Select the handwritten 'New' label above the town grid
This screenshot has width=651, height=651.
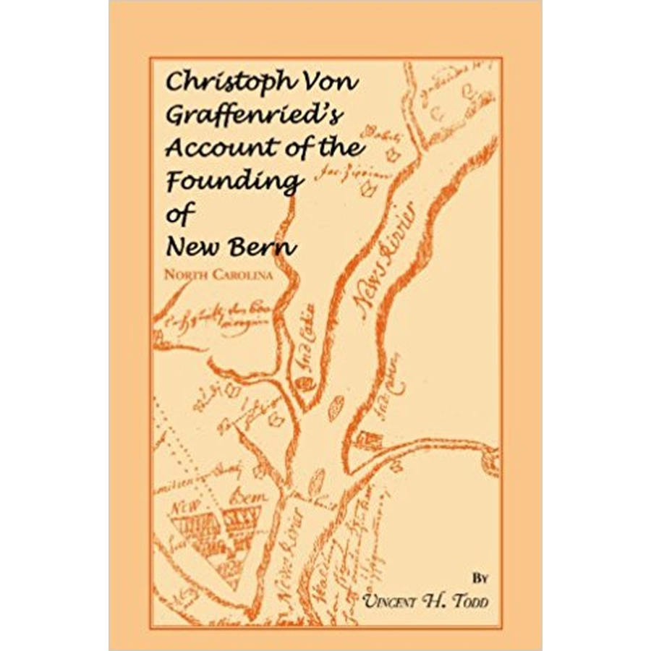coord(186,508)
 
